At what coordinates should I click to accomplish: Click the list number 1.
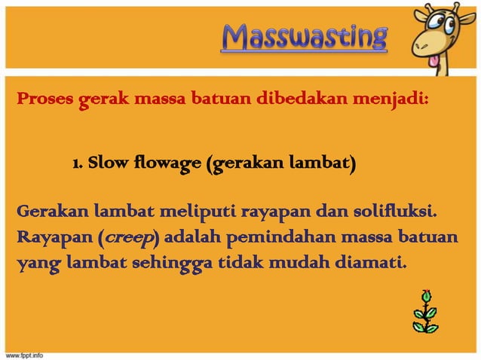77,163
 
